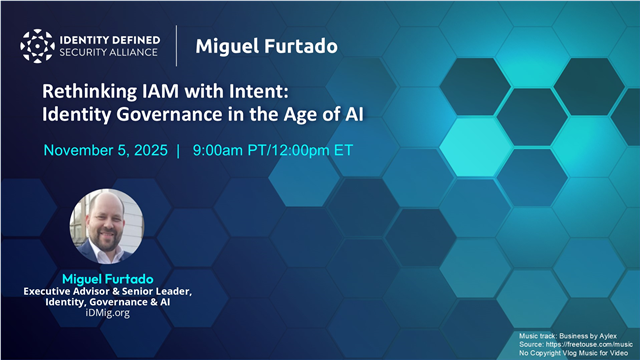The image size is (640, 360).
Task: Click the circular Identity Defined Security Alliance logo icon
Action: [x=39, y=46]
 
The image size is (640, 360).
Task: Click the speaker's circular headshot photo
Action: [x=106, y=226]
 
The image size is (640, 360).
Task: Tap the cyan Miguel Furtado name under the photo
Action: [x=106, y=274]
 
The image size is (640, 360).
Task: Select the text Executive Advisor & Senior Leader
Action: [x=106, y=289]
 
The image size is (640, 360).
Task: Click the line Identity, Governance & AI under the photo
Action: [x=106, y=301]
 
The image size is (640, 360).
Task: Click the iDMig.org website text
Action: [x=106, y=313]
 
